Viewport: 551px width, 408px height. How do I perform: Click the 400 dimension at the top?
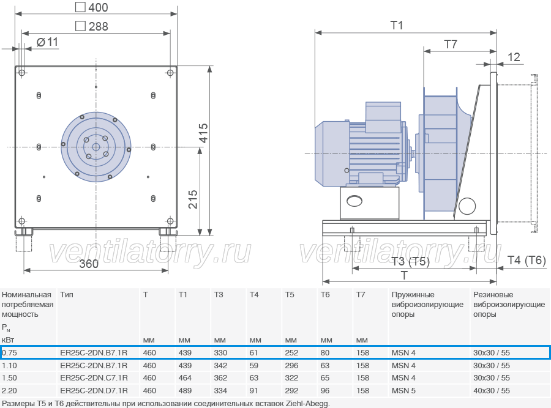(x=92, y=7)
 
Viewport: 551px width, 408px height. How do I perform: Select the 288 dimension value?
(x=92, y=26)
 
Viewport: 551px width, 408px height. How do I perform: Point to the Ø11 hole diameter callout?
(x=47, y=42)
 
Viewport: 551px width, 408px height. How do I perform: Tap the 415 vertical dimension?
(x=203, y=133)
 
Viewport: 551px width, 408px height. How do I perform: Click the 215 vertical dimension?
(x=193, y=199)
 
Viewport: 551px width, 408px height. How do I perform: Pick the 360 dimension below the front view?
(x=89, y=264)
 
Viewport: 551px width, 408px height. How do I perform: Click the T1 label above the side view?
(x=397, y=25)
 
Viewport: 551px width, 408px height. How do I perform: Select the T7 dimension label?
(x=451, y=44)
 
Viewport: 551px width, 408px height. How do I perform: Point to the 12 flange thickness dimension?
(x=514, y=57)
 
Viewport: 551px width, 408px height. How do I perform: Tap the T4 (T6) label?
(x=527, y=260)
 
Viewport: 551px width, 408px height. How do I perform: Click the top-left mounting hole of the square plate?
(x=22, y=73)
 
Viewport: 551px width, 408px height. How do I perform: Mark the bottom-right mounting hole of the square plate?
(x=170, y=221)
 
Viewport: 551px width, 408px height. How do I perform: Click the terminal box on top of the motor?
(x=383, y=117)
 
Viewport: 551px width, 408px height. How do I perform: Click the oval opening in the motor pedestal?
(x=354, y=201)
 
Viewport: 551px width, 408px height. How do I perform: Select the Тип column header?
(x=67, y=295)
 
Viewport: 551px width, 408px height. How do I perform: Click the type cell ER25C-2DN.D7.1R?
(x=94, y=390)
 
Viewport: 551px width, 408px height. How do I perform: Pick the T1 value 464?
(x=185, y=378)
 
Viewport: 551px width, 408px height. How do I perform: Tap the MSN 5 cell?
(x=403, y=390)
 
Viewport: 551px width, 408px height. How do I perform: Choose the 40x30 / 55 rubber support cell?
(x=491, y=390)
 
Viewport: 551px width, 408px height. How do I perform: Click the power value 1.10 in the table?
(x=9, y=366)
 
